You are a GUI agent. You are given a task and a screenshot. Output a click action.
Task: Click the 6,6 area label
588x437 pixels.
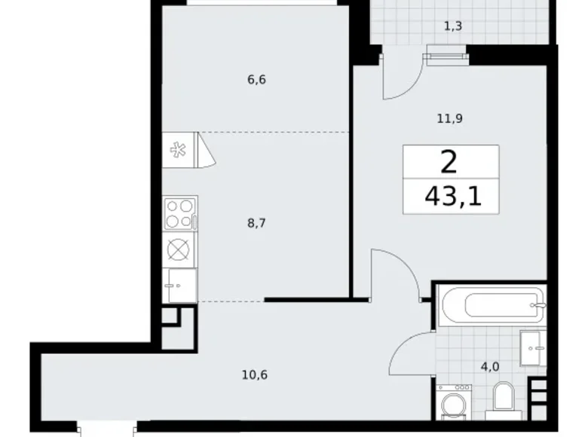(x=256, y=79)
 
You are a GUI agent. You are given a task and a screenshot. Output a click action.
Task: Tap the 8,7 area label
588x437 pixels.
(x=256, y=223)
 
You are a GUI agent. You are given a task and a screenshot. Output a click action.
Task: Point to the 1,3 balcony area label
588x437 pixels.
(x=452, y=26)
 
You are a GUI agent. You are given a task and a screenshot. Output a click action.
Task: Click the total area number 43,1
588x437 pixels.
(x=451, y=197)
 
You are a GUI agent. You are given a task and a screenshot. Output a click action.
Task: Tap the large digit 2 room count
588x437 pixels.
(x=450, y=162)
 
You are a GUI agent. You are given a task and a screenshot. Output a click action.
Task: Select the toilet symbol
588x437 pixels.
(x=501, y=399)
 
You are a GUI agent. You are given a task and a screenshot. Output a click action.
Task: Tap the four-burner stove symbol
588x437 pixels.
(x=180, y=213)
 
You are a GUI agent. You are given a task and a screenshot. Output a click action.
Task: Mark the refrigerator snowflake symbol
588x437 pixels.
(x=179, y=150)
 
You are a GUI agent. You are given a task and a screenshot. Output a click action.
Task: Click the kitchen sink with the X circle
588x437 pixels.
(x=180, y=249)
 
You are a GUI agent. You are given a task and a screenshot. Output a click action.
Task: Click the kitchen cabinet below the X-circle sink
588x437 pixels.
(x=180, y=285)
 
